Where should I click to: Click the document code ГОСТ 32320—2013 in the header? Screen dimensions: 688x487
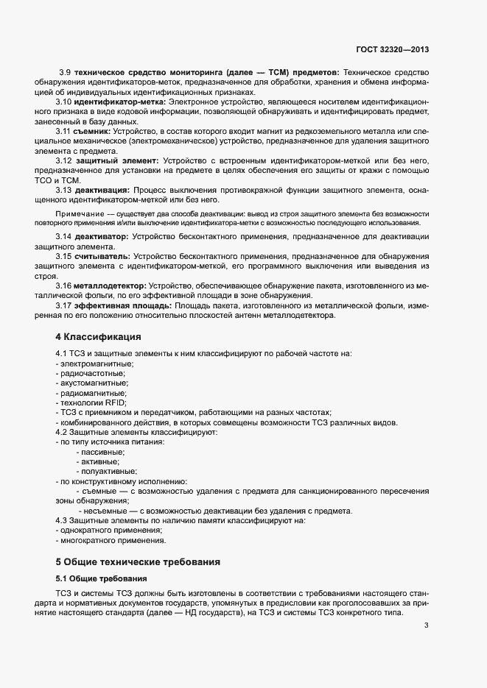390,49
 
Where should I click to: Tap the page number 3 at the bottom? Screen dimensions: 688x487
427,626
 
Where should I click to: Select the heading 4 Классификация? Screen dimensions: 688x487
98,337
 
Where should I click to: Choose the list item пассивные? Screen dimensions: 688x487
98,452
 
